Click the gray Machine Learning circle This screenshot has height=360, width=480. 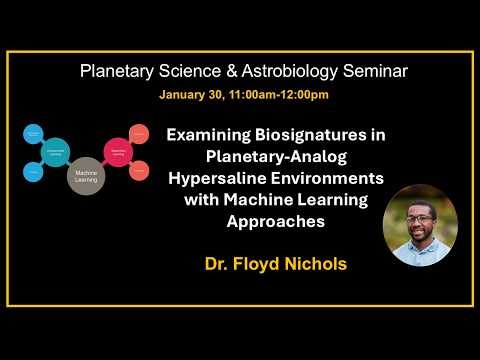(85, 178)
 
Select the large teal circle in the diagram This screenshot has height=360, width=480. (56, 152)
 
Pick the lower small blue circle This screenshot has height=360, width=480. (32, 172)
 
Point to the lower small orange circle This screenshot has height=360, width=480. (139, 169)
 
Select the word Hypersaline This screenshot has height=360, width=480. (225, 177)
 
